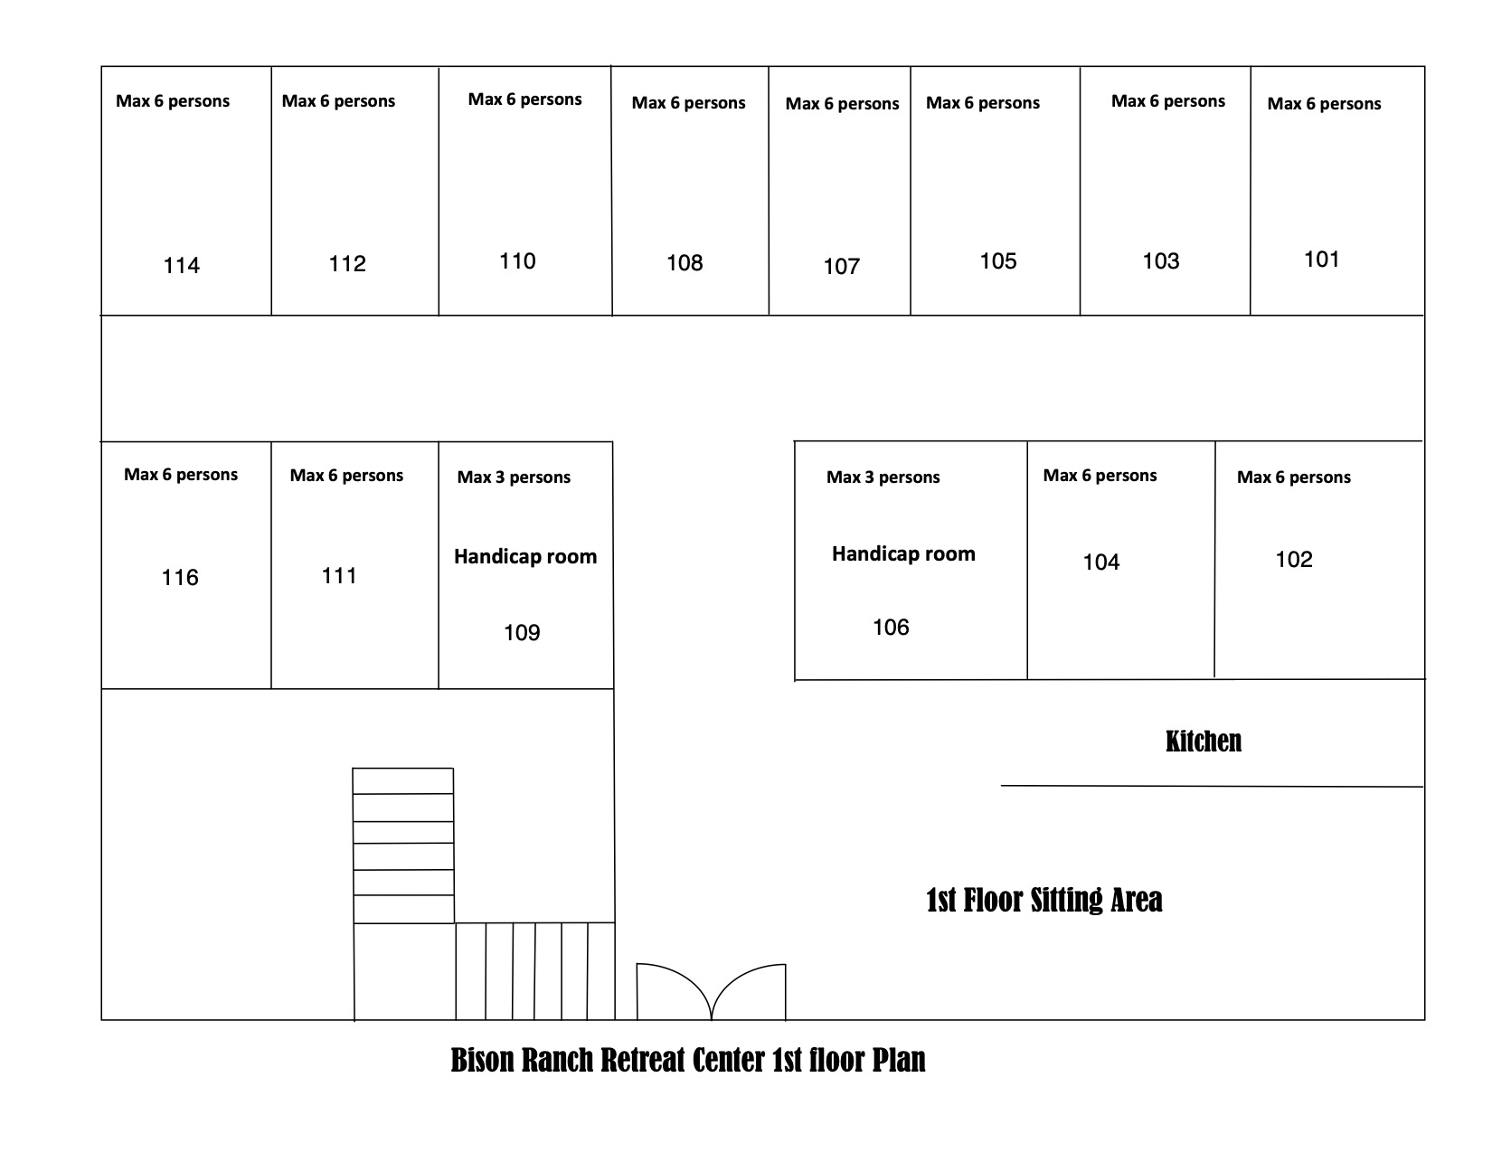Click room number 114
tap(181, 265)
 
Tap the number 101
tap(1321, 259)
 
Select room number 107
tap(841, 267)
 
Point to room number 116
tap(180, 577)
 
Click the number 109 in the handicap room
tap(522, 632)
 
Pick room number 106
tap(891, 627)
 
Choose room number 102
tap(1294, 559)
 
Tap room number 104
tap(1100, 562)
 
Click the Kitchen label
tap(1203, 741)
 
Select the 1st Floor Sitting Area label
tap(1043, 900)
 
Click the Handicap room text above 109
tap(525, 556)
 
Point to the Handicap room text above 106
tap(903, 553)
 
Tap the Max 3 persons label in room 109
tap(514, 477)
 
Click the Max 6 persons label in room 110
tap(524, 99)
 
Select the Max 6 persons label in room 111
tap(346, 475)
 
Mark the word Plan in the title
tap(899, 1060)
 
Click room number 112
tap(346, 264)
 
